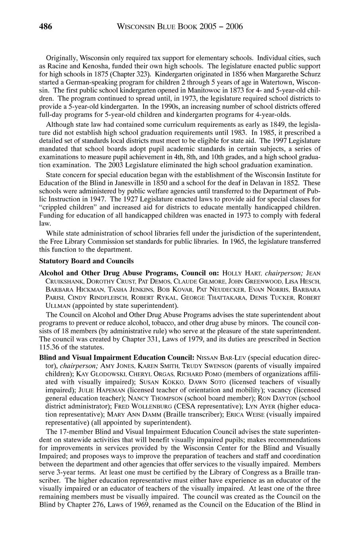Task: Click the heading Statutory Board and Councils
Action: [87, 261]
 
